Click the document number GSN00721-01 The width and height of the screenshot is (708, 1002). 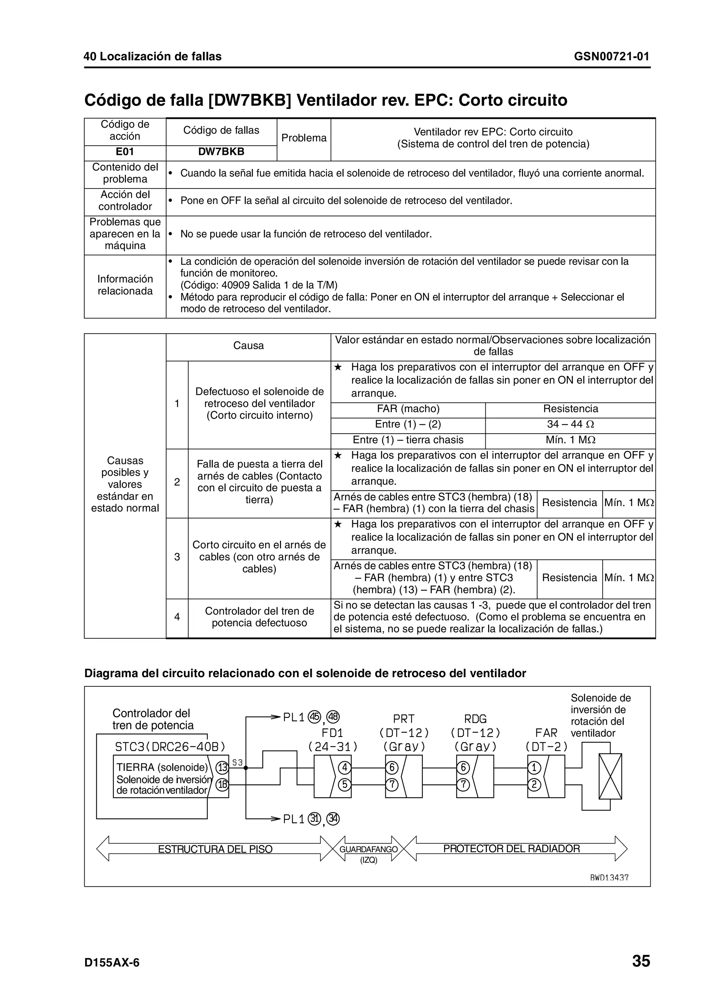[x=611, y=56]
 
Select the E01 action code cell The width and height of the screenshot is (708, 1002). [x=125, y=152]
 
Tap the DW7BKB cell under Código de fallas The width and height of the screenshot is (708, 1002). [x=221, y=152]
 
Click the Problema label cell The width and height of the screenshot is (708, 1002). [x=304, y=138]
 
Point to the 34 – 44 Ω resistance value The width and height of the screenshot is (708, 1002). [x=570, y=424]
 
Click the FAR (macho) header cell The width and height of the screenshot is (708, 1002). [x=408, y=409]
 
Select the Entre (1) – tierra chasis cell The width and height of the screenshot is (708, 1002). [x=408, y=440]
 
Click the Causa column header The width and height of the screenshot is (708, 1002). [x=248, y=346]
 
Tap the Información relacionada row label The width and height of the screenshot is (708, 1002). [x=125, y=285]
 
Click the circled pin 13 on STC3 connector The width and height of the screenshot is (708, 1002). [x=223, y=767]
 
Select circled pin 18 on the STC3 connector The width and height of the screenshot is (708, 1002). [x=223, y=785]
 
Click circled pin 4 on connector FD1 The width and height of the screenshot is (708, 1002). [x=345, y=767]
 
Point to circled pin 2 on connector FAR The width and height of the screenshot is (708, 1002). [x=534, y=785]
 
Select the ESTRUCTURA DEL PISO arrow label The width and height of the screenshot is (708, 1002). [x=215, y=849]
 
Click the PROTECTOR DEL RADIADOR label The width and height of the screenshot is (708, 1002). [x=511, y=849]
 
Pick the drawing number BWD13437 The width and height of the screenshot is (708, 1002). [x=609, y=878]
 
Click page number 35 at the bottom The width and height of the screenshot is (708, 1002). [x=641, y=962]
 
